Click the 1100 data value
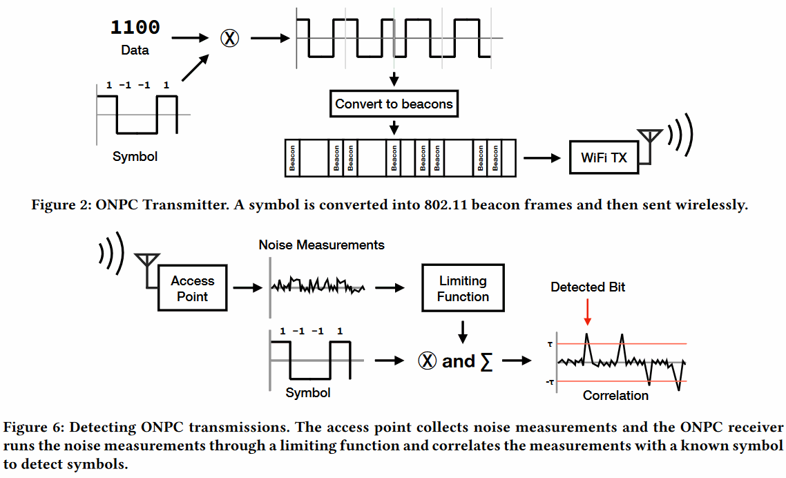pyautogui.click(x=135, y=28)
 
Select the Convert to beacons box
pyautogui.click(x=394, y=104)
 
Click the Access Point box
pyautogui.click(x=193, y=289)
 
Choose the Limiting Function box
pyautogui.click(x=463, y=289)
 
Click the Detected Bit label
pyautogui.click(x=588, y=287)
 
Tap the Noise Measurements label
pyautogui.click(x=321, y=245)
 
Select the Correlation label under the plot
pyautogui.click(x=615, y=396)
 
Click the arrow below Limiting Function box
pyautogui.click(x=463, y=332)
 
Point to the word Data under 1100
pyautogui.click(x=135, y=50)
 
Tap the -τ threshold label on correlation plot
pyautogui.click(x=550, y=382)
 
